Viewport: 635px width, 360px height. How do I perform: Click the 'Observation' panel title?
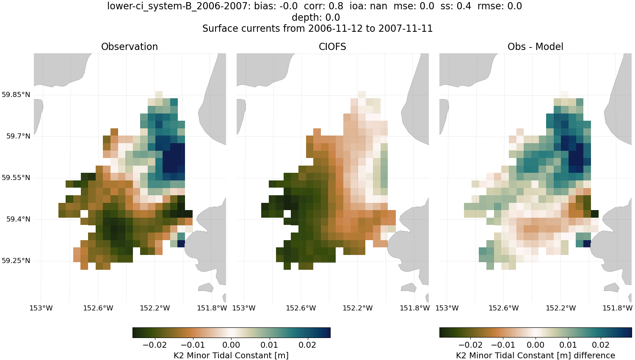point(130,47)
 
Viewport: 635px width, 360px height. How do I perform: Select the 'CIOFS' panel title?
point(332,47)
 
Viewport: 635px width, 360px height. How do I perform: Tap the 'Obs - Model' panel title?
point(535,47)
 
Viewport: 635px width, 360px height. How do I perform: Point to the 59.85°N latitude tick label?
point(16,94)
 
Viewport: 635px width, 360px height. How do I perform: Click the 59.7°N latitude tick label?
point(18,136)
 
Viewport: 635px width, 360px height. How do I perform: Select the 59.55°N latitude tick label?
point(16,178)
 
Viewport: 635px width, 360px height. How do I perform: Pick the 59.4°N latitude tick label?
point(18,219)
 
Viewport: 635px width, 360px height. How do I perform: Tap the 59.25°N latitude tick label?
point(16,261)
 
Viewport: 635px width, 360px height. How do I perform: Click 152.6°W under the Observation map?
point(98,308)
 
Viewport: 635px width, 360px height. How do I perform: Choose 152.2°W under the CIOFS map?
point(358,308)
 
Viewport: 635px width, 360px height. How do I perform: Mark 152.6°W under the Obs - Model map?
point(504,308)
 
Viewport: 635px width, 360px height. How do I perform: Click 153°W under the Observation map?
point(41,308)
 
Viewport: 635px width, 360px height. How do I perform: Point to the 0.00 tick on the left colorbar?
point(231,345)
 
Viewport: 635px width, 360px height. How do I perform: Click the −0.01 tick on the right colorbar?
point(503,345)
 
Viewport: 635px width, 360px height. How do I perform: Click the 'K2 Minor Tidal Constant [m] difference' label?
point(535,355)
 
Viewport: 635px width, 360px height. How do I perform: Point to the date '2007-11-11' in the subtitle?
point(406,29)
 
